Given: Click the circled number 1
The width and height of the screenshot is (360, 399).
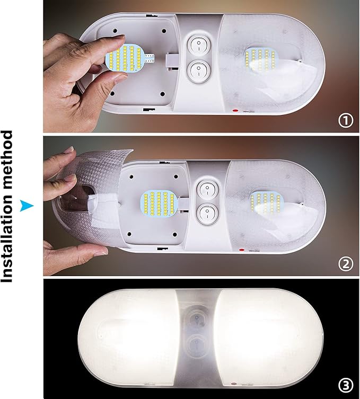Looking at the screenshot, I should pyautogui.click(x=345, y=121).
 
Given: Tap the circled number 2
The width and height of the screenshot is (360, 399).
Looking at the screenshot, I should pyautogui.click(x=345, y=263).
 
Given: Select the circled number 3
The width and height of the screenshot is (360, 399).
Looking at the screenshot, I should pyautogui.click(x=345, y=384).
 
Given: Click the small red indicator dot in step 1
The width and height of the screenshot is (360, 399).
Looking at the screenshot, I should pyautogui.click(x=235, y=110).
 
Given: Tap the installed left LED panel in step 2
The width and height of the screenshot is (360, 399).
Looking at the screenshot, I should pyautogui.click(x=157, y=205).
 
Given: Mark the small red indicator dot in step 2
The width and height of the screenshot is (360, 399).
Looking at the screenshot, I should pyautogui.click(x=241, y=250).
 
